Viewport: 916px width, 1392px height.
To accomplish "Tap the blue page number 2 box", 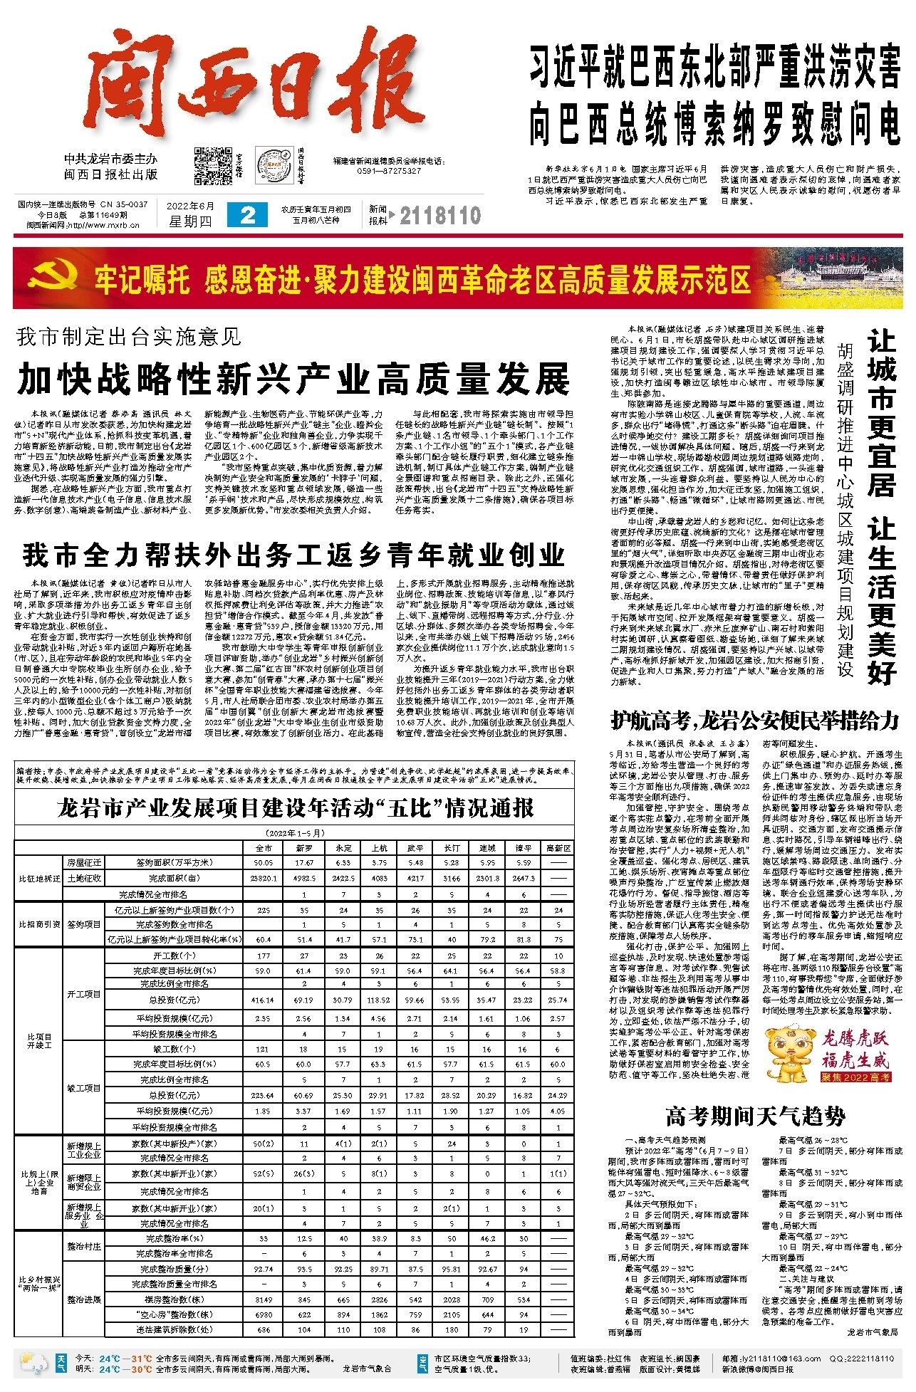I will click(247, 215).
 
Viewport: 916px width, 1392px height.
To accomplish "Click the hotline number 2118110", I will click(440, 216).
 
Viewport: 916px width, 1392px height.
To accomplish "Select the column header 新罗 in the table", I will click(304, 848).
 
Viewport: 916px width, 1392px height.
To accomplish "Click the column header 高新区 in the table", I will click(558, 848).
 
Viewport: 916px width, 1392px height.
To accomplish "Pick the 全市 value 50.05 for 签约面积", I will click(263, 863).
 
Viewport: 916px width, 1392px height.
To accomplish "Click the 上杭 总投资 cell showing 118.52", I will click(379, 1000).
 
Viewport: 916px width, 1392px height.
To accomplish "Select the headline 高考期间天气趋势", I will click(755, 1116).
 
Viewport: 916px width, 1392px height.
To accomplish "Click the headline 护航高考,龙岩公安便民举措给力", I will click(754, 721).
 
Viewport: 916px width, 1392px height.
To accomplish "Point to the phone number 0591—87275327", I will click(389, 171).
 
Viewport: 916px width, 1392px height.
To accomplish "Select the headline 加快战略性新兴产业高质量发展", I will click(293, 378).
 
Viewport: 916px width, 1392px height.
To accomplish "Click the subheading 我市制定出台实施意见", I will click(129, 336).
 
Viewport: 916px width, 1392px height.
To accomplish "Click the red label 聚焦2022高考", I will click(855, 1077).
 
